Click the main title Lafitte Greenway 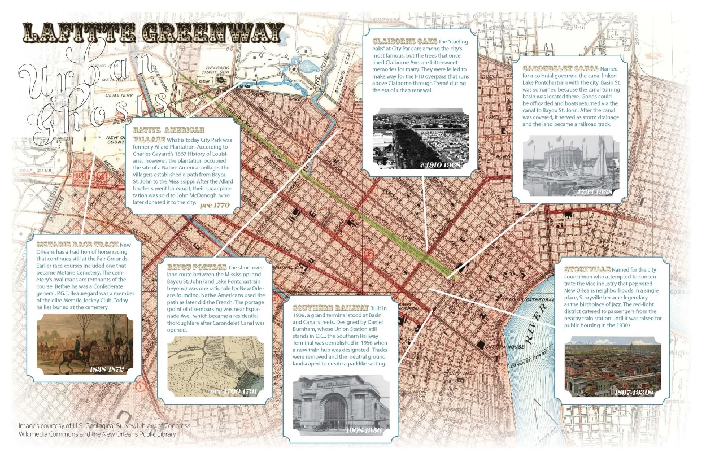(x=152, y=33)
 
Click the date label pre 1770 (x=215, y=205)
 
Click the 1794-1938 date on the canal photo (x=595, y=191)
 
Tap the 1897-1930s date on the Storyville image (x=633, y=391)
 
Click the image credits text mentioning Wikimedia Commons (x=97, y=434)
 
